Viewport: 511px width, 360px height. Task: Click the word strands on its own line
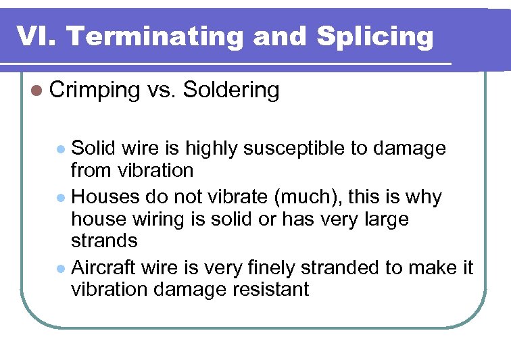pyautogui.click(x=104, y=241)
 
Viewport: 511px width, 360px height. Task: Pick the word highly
pyautogui.click(x=212, y=148)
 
